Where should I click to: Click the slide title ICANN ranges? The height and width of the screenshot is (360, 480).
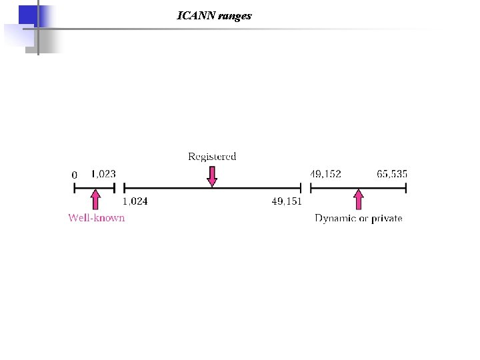(x=214, y=15)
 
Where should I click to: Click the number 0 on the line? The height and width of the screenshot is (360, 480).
(x=75, y=175)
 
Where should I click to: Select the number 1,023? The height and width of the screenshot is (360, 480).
(x=103, y=174)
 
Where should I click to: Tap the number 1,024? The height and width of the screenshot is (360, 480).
(x=135, y=201)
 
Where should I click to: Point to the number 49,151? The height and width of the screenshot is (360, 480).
(x=287, y=201)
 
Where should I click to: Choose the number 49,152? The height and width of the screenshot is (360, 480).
(x=325, y=174)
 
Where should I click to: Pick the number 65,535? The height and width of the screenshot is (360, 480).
(x=392, y=174)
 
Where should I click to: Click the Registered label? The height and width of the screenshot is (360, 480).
(x=212, y=157)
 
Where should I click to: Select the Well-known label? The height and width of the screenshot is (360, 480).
(x=97, y=218)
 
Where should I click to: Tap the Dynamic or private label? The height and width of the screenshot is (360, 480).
(x=359, y=218)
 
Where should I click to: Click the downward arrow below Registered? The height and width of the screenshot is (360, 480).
(x=212, y=176)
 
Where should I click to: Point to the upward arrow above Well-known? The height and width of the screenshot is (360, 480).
(x=96, y=200)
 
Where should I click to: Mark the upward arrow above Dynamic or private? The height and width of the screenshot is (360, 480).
(x=359, y=200)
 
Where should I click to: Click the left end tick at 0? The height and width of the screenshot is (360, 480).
(x=74, y=189)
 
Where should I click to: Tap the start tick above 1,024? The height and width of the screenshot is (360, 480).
(x=124, y=189)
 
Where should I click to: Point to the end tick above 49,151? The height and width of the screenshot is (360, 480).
(x=301, y=189)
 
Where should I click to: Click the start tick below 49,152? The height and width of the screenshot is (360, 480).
(x=312, y=189)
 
